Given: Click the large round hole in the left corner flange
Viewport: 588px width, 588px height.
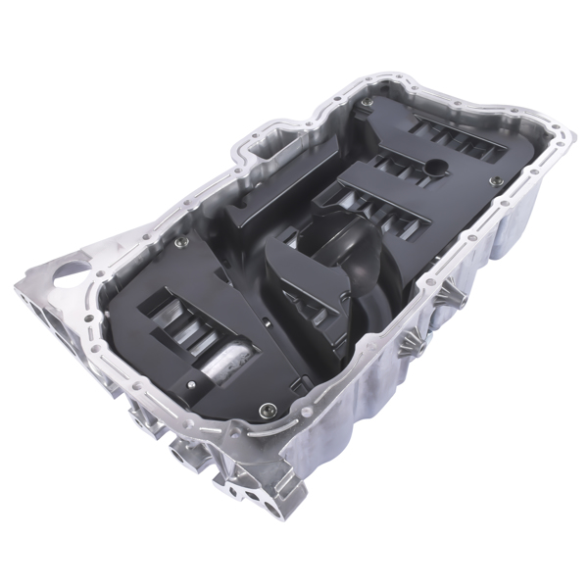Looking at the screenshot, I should (x=66, y=273).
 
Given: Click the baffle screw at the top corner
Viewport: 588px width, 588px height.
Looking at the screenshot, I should (x=366, y=102).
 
